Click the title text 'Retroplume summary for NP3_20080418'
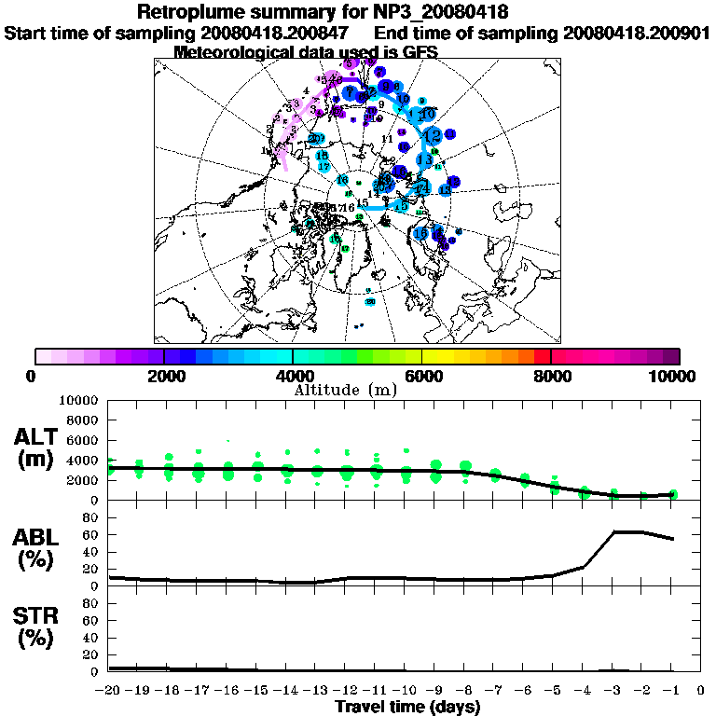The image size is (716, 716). coord(322,13)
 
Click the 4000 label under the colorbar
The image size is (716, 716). coord(292,376)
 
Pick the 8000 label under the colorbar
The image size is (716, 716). coord(551,376)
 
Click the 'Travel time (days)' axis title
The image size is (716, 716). coord(407,708)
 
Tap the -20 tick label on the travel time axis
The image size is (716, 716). coord(108,691)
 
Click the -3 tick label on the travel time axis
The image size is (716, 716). coord(613,691)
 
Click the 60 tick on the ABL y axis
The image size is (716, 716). coord(92,534)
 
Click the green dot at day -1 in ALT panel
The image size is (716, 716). coord(673,494)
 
